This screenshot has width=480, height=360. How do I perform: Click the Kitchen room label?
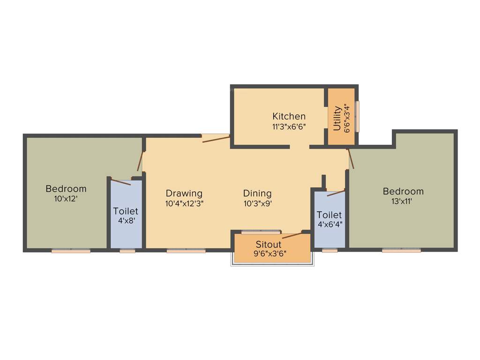pyautogui.click(x=289, y=116)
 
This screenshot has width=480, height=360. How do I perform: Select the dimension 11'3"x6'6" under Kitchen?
pyautogui.click(x=289, y=127)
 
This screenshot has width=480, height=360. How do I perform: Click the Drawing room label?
pyautogui.click(x=184, y=193)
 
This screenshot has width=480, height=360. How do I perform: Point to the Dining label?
pyautogui.click(x=257, y=193)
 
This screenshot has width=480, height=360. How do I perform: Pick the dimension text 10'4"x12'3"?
pyautogui.click(x=184, y=203)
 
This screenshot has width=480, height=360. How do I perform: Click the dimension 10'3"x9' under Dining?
pyautogui.click(x=257, y=203)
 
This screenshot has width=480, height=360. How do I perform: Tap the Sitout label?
pyautogui.click(x=269, y=244)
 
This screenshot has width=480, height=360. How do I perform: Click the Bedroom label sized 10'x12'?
pyautogui.click(x=66, y=189)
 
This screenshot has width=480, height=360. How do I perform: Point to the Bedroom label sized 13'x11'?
pyautogui.click(x=403, y=191)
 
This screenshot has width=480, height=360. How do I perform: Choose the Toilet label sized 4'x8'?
pyautogui.click(x=126, y=211)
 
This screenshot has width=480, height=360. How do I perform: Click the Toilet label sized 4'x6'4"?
pyautogui.click(x=329, y=215)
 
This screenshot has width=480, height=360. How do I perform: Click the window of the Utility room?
pyautogui.click(x=357, y=116)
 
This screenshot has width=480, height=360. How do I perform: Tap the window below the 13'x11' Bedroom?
pyautogui.click(x=401, y=250)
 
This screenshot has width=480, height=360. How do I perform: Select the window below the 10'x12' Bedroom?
pyautogui.click(x=71, y=251)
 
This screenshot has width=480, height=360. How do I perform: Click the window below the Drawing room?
pyautogui.click(x=186, y=251)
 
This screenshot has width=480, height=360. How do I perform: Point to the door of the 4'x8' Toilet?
pyautogui.click(x=121, y=182)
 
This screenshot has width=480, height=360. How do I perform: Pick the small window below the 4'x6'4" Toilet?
pyautogui.click(x=330, y=250)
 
